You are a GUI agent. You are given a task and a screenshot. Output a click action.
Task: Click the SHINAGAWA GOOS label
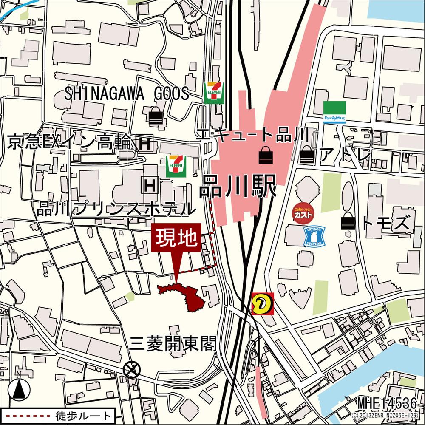pos(127,94)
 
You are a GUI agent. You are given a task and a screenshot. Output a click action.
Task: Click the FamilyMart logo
pos(334,112)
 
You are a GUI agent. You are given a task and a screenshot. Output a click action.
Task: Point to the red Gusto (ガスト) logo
pos(303,212)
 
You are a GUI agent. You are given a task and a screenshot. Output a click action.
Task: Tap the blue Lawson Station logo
pos(314,236)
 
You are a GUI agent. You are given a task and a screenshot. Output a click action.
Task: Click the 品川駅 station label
pos(238,186)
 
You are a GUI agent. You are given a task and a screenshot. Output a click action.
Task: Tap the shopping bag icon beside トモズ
pos(348,222)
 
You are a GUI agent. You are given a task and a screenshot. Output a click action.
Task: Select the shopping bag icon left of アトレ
pos(306,156)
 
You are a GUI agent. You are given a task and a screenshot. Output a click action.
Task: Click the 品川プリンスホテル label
pos(116,209)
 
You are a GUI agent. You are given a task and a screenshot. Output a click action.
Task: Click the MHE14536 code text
pos(387,403)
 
